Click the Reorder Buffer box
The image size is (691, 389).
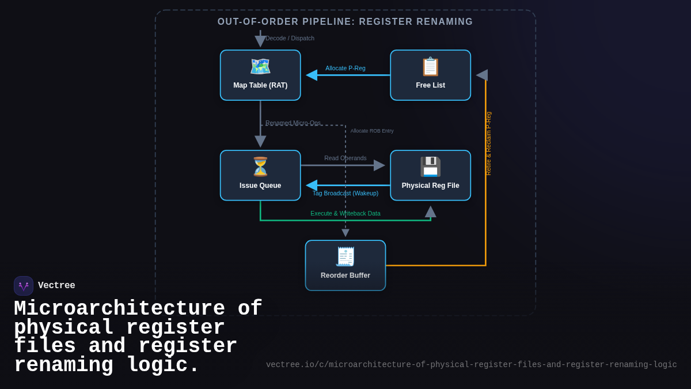(x=345, y=266)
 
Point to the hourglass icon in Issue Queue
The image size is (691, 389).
(x=260, y=167)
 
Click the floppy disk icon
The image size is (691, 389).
(x=430, y=167)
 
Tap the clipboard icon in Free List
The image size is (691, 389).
(x=430, y=66)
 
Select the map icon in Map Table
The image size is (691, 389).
(x=260, y=66)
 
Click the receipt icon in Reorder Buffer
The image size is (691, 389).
(x=345, y=256)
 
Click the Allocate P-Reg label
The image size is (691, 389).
(x=345, y=68)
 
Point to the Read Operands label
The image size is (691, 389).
(x=345, y=158)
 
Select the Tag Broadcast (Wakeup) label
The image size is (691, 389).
(x=345, y=193)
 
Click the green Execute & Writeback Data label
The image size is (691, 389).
(x=345, y=213)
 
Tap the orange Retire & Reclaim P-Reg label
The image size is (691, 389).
(x=488, y=143)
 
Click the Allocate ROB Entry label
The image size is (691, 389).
(x=372, y=131)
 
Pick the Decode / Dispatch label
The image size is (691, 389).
(x=290, y=38)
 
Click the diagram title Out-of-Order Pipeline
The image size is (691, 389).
(x=345, y=22)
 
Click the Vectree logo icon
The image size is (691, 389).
(x=24, y=286)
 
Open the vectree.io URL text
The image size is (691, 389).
(x=471, y=365)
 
